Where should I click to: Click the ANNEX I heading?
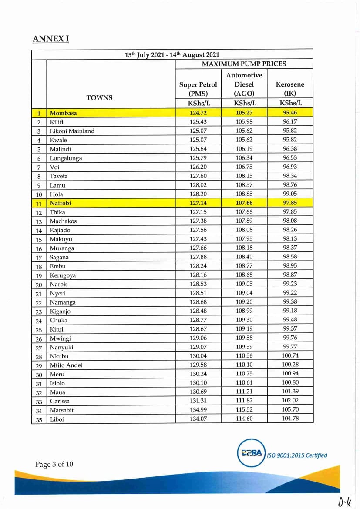[50, 39]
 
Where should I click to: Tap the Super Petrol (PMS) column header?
[198, 89]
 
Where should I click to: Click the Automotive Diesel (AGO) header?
[244, 84]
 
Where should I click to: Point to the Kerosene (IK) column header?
[290, 89]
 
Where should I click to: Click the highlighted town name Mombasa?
[63, 113]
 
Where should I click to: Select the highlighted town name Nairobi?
[61, 203]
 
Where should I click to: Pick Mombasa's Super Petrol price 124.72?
[198, 113]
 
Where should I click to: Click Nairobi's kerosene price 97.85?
[290, 203]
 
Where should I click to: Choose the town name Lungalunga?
[66, 158]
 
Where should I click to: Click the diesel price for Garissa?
[244, 401]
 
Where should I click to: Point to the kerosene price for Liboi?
[290, 419]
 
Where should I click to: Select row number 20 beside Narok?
[39, 285]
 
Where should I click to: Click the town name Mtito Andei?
[66, 365]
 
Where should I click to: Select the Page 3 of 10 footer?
[54, 464]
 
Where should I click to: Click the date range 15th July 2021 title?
[172, 55]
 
